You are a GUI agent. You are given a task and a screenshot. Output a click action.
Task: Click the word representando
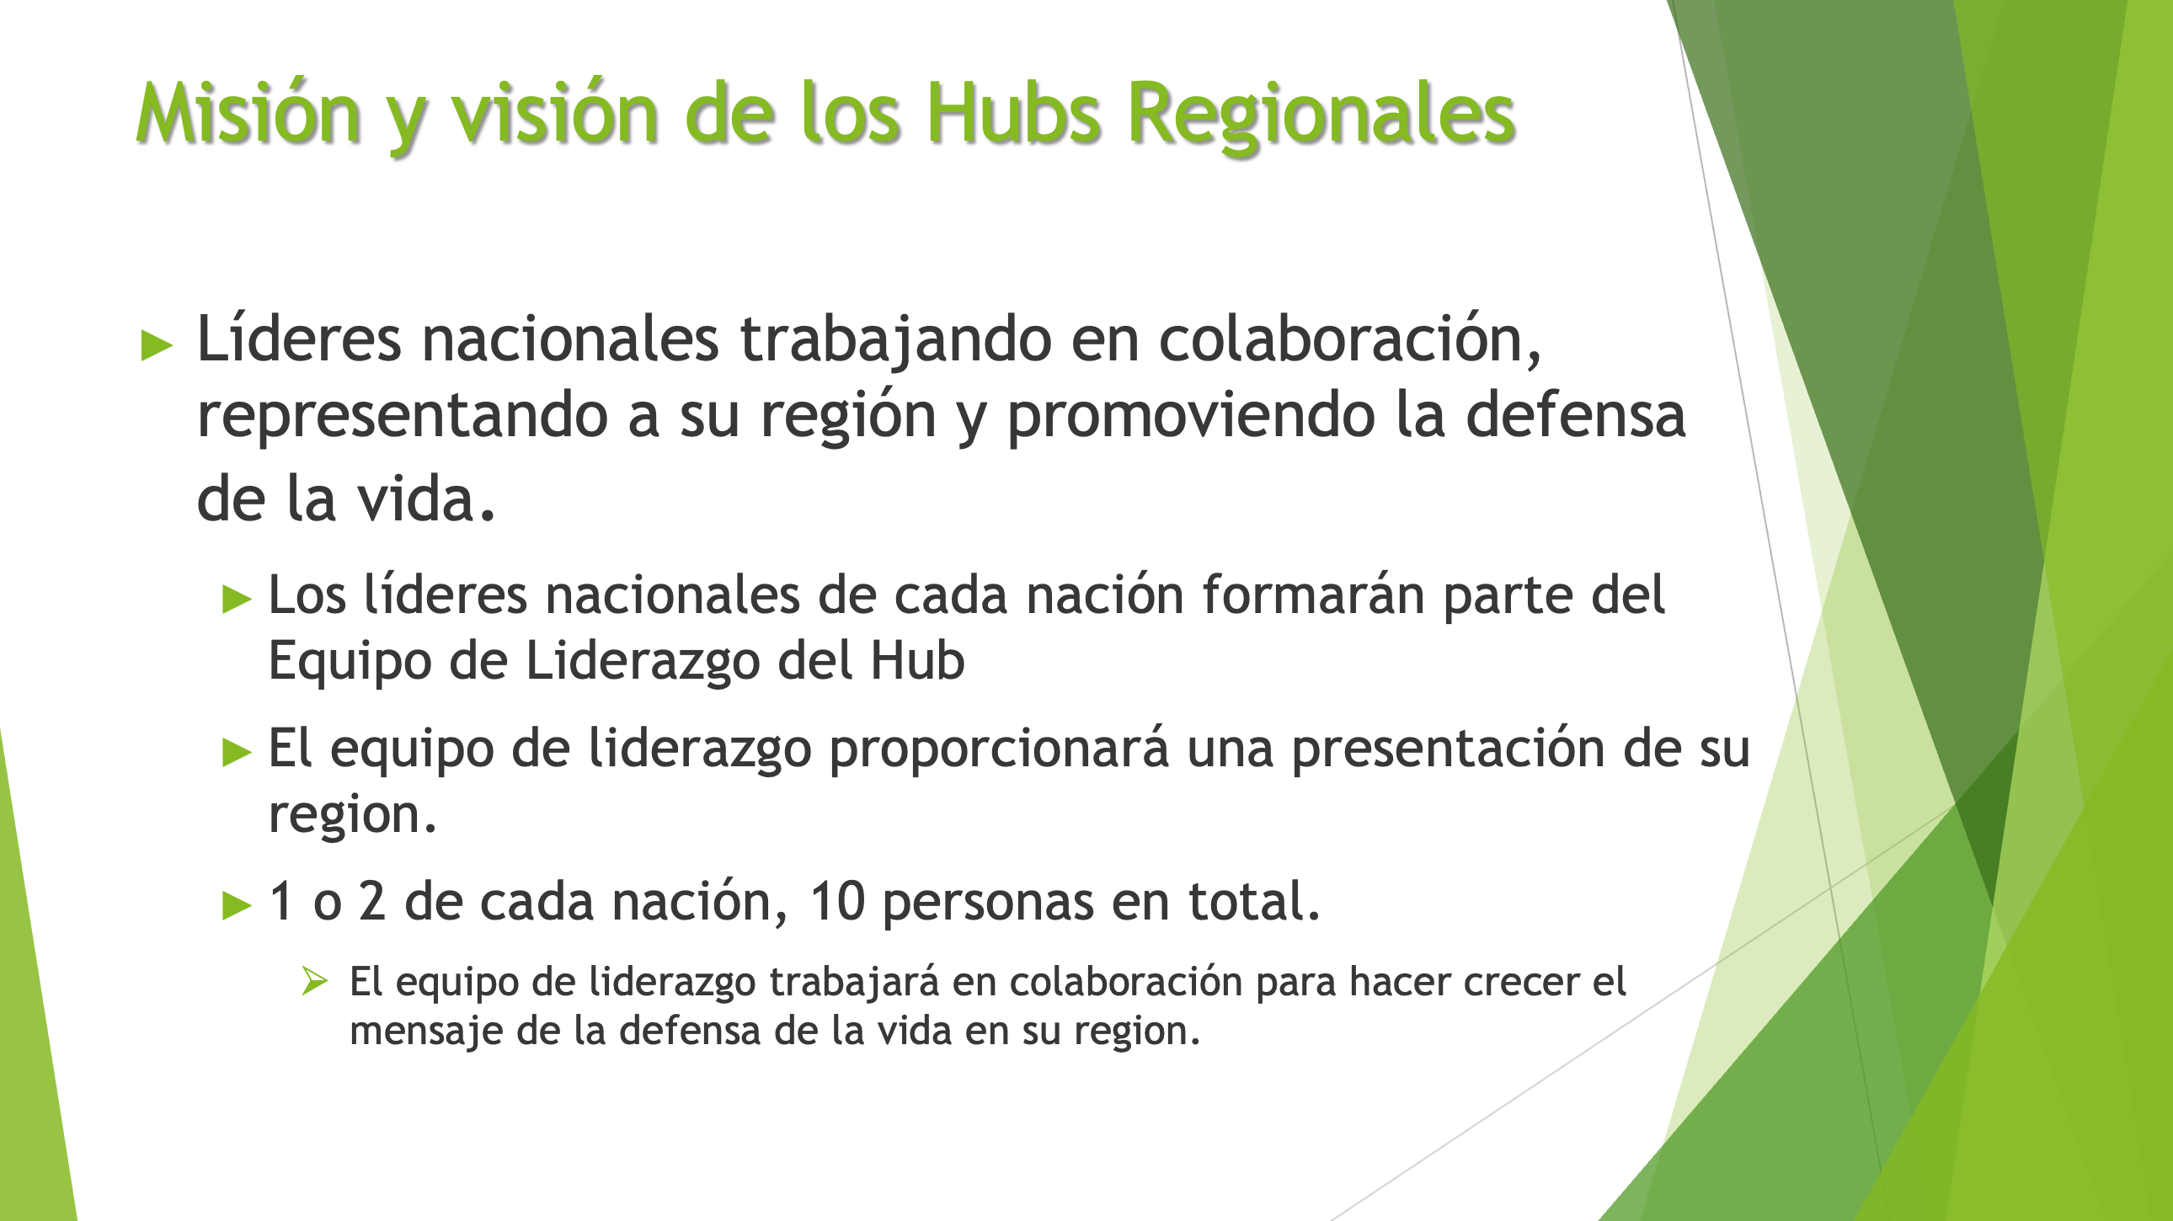click(x=403, y=416)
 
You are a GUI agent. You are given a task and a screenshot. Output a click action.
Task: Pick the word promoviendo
click(x=1191, y=416)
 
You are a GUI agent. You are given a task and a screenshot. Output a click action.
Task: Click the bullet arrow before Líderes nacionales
click(x=157, y=345)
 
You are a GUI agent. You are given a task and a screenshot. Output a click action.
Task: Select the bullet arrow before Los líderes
click(x=237, y=600)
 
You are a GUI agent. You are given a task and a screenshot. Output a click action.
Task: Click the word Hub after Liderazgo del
click(x=917, y=660)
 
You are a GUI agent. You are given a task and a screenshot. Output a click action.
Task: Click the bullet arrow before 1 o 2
click(x=237, y=905)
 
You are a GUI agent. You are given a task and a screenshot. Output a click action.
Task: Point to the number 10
click(x=837, y=901)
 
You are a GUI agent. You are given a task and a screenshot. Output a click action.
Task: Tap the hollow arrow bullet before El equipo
click(x=315, y=981)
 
